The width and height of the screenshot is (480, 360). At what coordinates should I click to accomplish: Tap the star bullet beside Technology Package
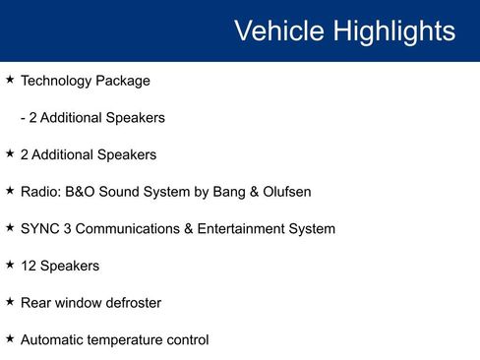(x=10, y=80)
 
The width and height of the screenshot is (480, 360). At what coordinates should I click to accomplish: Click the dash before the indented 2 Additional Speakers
(x=23, y=118)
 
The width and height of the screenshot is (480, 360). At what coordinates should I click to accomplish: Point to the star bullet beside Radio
(x=10, y=191)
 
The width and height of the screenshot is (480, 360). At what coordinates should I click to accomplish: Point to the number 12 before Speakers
(x=29, y=267)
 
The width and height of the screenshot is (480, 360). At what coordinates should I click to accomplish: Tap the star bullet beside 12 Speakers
(x=10, y=266)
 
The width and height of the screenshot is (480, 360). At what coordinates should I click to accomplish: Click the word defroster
(x=130, y=303)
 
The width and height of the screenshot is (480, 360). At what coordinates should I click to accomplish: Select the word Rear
(x=36, y=303)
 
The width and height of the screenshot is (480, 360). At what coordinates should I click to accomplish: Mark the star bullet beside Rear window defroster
(x=10, y=302)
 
